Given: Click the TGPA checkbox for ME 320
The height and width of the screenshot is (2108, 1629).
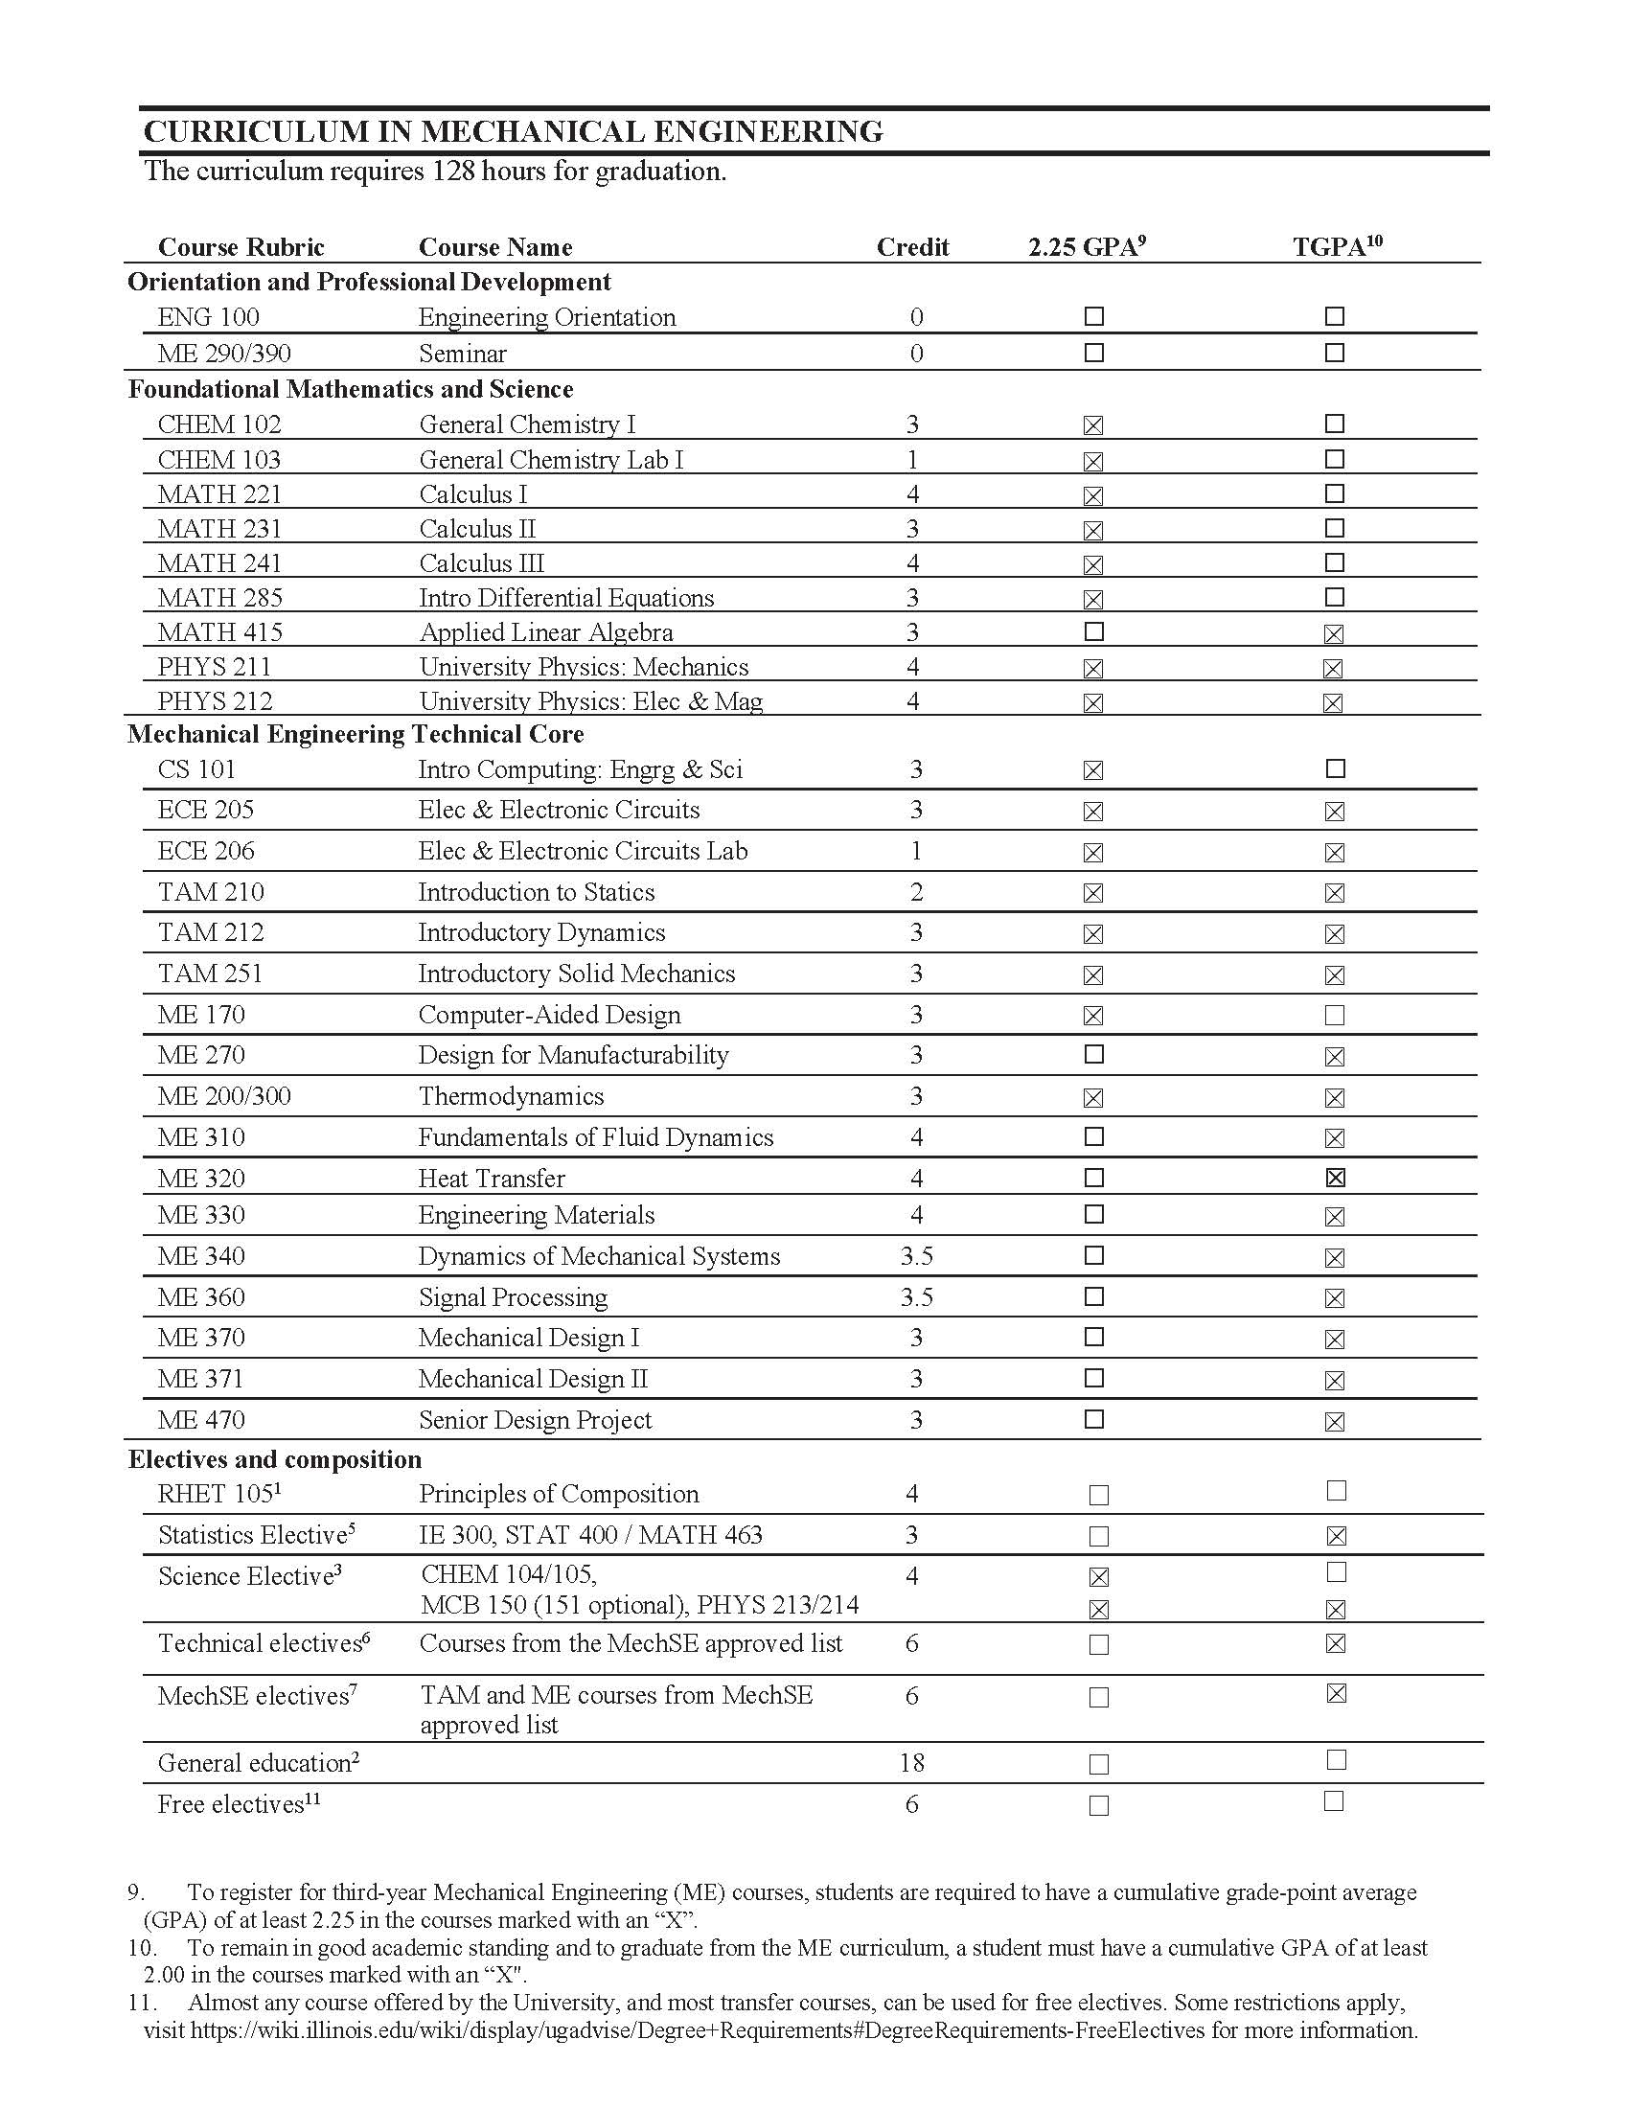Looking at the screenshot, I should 1335,1178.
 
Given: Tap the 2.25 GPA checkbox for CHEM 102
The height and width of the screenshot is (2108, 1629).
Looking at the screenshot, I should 1092,425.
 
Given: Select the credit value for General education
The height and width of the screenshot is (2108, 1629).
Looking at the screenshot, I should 911,1763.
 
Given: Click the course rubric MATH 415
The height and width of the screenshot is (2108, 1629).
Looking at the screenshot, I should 220,633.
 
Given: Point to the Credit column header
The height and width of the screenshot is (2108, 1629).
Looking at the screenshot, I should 912,247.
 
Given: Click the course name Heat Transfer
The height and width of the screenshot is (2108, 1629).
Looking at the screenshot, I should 492,1179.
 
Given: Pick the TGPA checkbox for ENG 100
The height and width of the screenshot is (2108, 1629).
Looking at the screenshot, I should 1335,316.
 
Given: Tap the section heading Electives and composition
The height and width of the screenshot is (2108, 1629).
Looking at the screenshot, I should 275,1459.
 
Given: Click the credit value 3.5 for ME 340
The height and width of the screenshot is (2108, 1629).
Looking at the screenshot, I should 916,1257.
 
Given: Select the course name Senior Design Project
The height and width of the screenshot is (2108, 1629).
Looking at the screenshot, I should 535,1421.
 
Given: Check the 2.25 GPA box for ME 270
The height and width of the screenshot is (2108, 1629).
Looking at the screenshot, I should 1093,1055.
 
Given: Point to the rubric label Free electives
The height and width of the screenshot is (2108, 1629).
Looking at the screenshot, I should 232,1805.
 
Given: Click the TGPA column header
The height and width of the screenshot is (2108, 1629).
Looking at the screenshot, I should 1337,247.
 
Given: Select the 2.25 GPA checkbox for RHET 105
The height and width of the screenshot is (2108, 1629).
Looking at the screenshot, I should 1098,1495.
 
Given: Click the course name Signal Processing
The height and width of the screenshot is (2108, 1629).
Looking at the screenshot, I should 513,1298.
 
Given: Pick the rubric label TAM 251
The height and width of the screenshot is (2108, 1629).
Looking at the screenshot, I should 211,974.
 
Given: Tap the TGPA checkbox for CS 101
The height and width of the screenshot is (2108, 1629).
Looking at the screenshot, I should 1335,769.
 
